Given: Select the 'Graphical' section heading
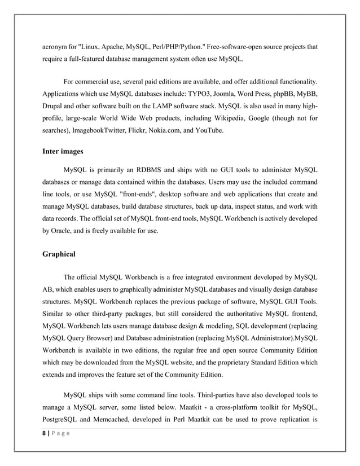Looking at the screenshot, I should tap(59, 254).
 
